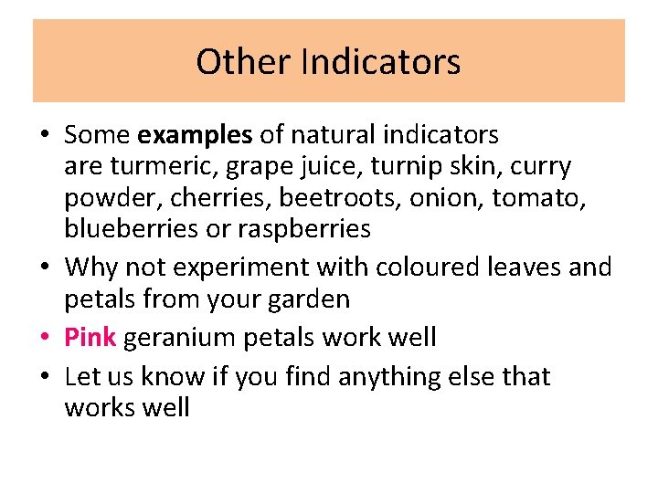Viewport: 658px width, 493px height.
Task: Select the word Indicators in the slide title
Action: (380, 62)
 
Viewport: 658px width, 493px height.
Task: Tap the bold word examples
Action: (195, 136)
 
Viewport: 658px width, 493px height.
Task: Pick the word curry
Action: (541, 167)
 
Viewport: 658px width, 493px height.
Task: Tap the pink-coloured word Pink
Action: (90, 338)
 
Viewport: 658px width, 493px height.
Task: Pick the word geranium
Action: (179, 338)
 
